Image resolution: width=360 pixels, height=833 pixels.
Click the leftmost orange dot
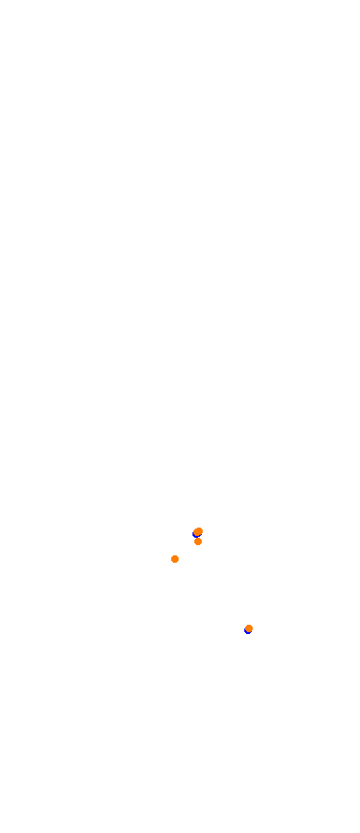click(x=175, y=559)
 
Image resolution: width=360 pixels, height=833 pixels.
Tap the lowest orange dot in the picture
click(x=249, y=628)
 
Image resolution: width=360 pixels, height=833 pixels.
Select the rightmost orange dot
click(x=249, y=628)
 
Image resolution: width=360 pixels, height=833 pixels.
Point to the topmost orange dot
click(x=198, y=531)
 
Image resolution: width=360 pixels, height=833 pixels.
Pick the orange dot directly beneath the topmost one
click(x=198, y=541)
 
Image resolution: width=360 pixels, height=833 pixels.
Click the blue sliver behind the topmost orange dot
click(x=194, y=532)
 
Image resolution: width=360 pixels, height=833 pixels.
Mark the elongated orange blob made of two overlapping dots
click(x=198, y=532)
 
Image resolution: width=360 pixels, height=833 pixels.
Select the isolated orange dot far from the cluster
click(x=249, y=628)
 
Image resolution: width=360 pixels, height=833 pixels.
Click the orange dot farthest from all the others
click(x=249, y=628)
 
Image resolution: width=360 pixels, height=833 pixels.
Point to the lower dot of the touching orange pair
click(x=198, y=541)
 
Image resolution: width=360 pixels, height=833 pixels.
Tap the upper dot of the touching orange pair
click(x=198, y=531)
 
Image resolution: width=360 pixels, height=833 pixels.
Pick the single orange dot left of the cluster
click(x=175, y=559)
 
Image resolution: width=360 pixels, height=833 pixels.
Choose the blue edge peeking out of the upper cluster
click(x=194, y=532)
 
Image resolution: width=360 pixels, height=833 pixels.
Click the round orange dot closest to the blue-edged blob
click(x=198, y=541)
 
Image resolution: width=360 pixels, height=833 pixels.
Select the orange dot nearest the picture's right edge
click(x=249, y=628)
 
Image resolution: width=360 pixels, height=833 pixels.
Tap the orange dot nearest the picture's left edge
click(x=175, y=559)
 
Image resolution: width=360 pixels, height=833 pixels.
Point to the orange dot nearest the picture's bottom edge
click(x=249, y=628)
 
